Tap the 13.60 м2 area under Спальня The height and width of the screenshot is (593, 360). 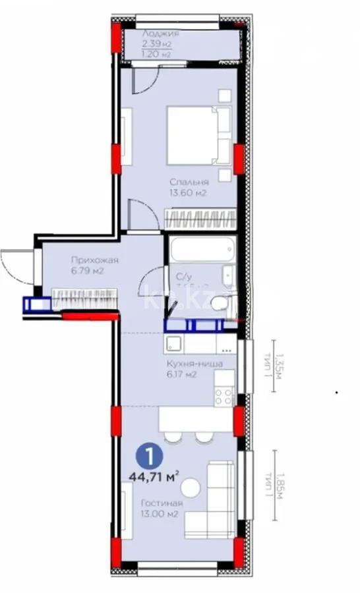point(189,194)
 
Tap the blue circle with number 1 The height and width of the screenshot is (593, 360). point(151,455)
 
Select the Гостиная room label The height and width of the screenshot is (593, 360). point(162,504)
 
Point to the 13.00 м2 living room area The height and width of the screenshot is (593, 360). point(161,515)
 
